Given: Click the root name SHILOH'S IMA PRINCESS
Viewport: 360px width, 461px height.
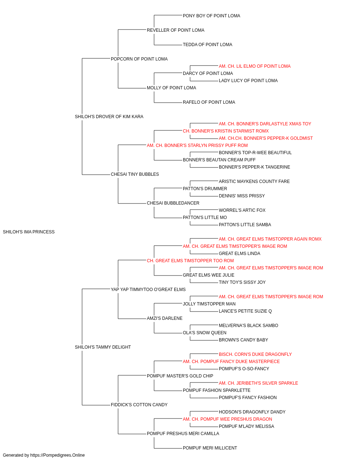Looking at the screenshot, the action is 29,232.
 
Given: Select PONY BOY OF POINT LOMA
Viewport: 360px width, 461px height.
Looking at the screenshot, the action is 211,16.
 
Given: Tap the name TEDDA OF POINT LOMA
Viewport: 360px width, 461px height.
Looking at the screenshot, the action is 207,45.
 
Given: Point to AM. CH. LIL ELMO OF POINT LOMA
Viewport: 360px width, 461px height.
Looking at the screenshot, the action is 255,66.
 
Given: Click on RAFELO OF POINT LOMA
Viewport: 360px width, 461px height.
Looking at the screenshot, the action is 209,102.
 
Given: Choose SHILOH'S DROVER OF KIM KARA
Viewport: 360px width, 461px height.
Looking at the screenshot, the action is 109,117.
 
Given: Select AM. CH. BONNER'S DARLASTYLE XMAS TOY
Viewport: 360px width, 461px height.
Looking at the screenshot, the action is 265,124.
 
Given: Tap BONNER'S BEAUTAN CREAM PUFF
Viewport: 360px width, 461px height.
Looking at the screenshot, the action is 219,160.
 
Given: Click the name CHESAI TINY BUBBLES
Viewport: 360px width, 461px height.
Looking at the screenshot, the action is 135,174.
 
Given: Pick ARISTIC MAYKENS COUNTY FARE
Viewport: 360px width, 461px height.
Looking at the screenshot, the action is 254,182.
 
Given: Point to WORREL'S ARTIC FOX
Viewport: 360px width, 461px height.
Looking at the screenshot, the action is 242,210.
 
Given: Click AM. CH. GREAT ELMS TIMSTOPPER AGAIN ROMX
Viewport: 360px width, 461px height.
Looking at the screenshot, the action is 270,239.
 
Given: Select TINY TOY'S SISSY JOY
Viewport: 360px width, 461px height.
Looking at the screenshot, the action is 242,282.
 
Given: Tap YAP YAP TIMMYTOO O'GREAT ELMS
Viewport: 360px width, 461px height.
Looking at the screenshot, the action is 148,290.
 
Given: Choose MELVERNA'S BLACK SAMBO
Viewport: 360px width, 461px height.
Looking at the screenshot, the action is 248,326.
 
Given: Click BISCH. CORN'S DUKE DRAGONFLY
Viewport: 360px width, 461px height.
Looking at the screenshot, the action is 255,354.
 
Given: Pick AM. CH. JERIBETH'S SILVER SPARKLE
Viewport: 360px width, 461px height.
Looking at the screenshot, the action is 258,383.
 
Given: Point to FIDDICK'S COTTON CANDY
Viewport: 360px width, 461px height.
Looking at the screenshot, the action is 139,405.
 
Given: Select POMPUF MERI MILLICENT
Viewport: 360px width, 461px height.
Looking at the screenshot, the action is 210,448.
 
